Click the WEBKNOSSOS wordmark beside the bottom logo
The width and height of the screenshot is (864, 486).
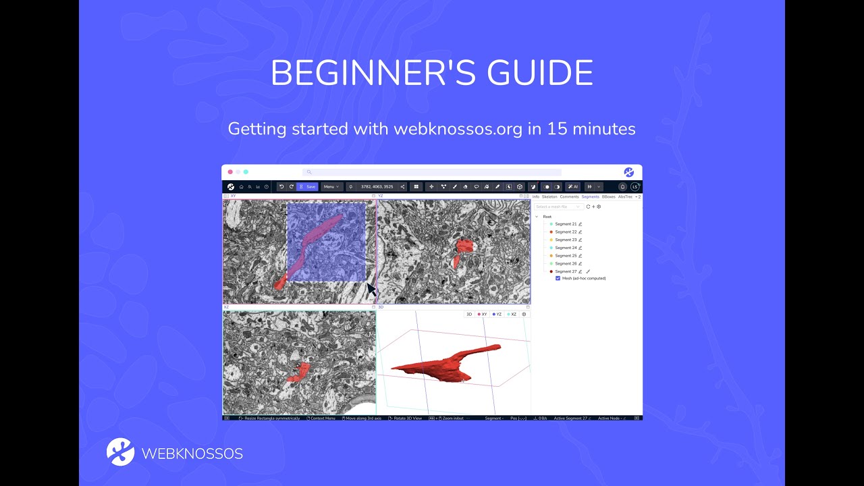point(192,454)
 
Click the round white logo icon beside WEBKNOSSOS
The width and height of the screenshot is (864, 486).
point(120,452)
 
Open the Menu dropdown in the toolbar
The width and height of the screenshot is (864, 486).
point(331,187)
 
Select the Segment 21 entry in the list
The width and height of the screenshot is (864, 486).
point(566,224)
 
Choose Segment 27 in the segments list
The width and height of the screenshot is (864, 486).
point(566,271)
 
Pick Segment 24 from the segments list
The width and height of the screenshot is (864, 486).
point(566,248)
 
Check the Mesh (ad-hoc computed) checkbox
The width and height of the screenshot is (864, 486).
point(558,278)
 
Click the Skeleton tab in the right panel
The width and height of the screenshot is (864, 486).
point(549,196)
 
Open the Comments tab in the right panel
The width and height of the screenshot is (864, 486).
point(569,196)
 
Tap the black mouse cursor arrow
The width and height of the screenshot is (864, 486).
point(371,289)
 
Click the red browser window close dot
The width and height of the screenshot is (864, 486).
point(230,172)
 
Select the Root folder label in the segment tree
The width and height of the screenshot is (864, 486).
point(547,217)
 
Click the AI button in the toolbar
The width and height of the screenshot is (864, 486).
point(573,187)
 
